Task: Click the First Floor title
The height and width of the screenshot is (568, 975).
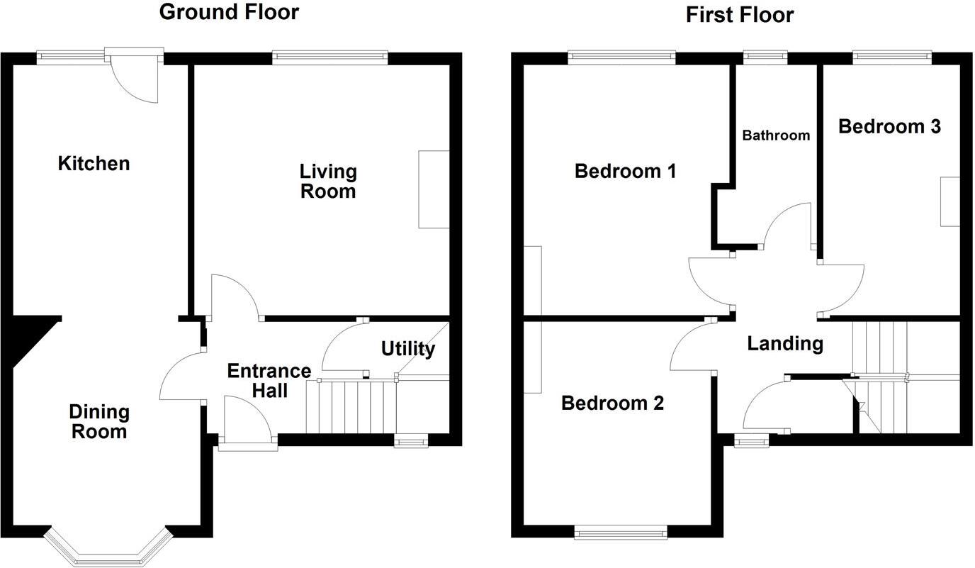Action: (x=740, y=14)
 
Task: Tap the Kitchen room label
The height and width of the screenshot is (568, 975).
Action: (x=94, y=164)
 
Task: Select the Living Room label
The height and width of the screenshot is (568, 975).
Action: (x=327, y=181)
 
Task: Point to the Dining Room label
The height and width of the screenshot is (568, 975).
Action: (x=98, y=421)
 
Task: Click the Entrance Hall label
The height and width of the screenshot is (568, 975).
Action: (x=269, y=380)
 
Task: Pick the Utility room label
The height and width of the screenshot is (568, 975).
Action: (x=407, y=349)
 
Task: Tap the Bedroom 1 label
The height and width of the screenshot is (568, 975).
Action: (x=625, y=171)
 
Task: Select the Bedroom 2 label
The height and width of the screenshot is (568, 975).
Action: (x=612, y=403)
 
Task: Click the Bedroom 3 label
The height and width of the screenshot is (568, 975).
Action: (x=889, y=126)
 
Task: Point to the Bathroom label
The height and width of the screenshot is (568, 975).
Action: (x=776, y=135)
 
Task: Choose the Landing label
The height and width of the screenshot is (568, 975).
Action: (x=785, y=344)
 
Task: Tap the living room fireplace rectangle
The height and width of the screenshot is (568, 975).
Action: (x=434, y=189)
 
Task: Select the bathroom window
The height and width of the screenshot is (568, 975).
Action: (x=765, y=55)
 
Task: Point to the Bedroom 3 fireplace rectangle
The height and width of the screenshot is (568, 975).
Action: (x=949, y=201)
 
